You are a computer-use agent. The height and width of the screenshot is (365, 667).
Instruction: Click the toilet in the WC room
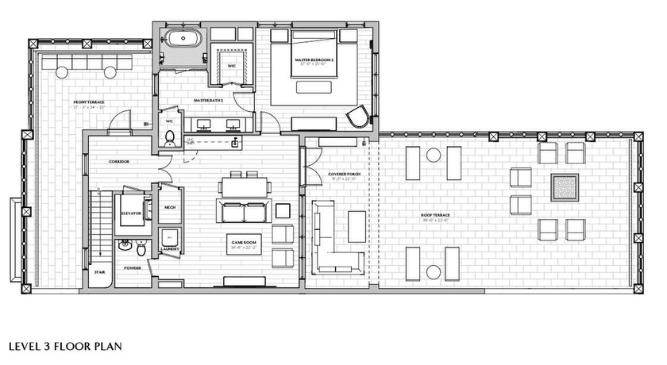click(169, 140)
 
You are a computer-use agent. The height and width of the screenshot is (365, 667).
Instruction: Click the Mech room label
click(169, 208)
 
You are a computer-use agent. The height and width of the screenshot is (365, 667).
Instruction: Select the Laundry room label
click(171, 249)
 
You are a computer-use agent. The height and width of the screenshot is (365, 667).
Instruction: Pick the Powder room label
click(133, 268)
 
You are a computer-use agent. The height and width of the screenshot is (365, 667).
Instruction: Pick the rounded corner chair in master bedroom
click(360, 119)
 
